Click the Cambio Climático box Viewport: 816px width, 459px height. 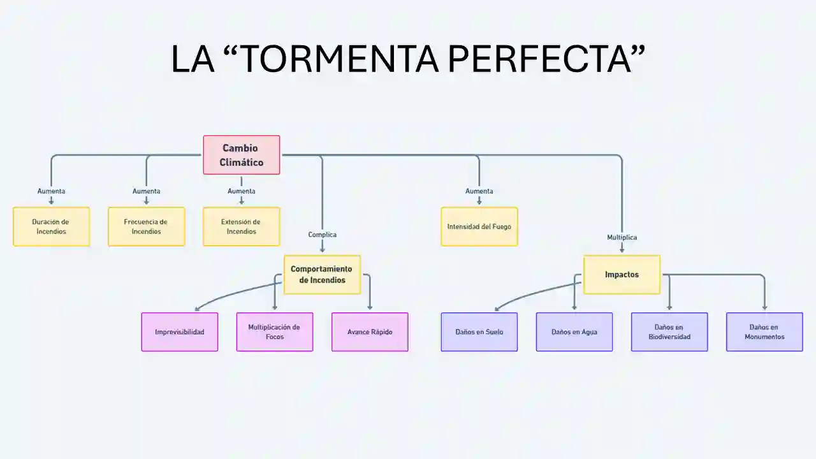click(x=241, y=155)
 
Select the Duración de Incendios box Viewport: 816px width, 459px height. click(x=51, y=226)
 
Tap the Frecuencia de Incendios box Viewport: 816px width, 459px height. click(x=146, y=226)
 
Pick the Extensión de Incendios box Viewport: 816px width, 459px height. click(x=241, y=226)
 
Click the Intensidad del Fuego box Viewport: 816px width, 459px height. click(x=479, y=226)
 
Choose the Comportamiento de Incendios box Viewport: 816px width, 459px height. click(x=322, y=275)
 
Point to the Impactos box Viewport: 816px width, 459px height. click(x=622, y=275)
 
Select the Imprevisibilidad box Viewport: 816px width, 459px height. click(x=179, y=331)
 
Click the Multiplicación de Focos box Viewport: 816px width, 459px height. click(x=274, y=331)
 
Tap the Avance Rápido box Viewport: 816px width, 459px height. click(x=370, y=331)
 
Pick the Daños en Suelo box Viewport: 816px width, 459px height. click(x=479, y=331)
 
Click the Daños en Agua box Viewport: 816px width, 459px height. click(x=574, y=331)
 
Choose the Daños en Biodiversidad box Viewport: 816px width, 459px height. click(x=669, y=331)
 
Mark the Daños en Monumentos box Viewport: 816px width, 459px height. click(x=764, y=331)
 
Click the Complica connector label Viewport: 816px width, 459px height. click(x=322, y=235)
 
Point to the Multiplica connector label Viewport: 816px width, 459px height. click(x=622, y=237)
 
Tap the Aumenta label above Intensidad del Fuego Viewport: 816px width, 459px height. click(x=479, y=191)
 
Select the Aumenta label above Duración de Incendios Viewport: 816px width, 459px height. click(x=51, y=191)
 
